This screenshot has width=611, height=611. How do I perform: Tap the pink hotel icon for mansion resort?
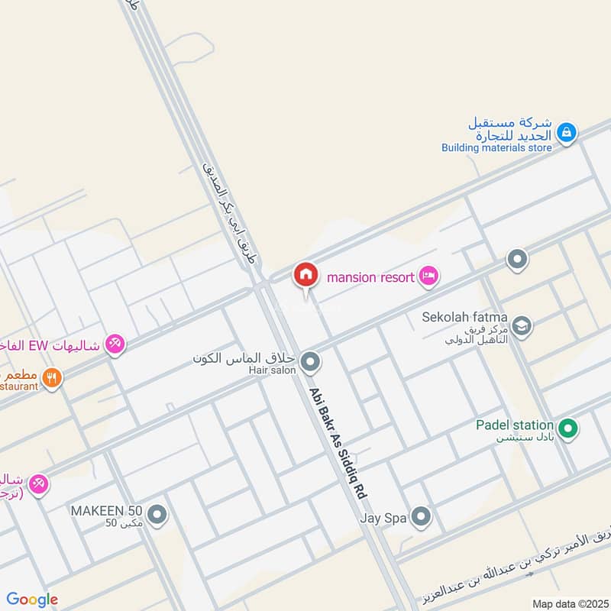tap(429, 276)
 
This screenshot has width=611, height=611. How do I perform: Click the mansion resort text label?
tap(370, 276)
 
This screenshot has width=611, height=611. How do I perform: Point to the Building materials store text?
tap(496, 147)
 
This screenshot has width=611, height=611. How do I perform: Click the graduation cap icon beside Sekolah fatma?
tap(522, 326)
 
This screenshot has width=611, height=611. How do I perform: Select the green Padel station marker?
tap(567, 429)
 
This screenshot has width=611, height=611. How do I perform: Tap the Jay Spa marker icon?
tap(421, 517)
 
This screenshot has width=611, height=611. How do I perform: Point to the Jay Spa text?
tap(383, 517)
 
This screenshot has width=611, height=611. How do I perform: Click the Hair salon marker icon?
tap(310, 362)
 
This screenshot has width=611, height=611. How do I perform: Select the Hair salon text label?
tap(271, 370)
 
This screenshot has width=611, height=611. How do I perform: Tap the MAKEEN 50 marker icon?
tap(158, 516)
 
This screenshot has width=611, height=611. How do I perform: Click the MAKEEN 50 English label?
tap(107, 509)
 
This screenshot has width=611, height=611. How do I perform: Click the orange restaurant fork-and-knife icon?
tap(52, 377)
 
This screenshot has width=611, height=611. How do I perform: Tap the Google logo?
tap(32, 600)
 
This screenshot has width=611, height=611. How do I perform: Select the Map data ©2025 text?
tap(570, 603)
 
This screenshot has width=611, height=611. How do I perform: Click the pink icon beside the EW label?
tap(115, 344)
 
